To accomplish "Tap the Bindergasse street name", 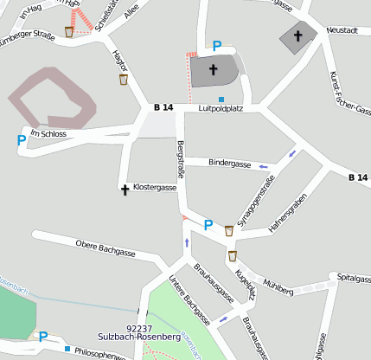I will [229, 163].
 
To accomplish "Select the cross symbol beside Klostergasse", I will [125, 188].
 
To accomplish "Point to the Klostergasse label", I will [155, 187].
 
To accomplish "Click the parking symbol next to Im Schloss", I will [21, 139].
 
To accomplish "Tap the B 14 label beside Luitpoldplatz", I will [163, 107].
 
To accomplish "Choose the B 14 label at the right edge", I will [357, 177].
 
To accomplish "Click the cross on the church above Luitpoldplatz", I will [213, 69].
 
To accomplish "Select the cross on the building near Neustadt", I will [298, 36].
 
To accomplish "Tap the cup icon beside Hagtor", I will [124, 80].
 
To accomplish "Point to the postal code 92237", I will [138, 329].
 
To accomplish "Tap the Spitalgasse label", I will [353, 278].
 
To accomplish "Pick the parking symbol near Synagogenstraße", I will [208, 225].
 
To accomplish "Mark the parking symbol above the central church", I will [217, 46].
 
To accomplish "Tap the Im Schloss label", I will [48, 133].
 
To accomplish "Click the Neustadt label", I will [342, 29].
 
